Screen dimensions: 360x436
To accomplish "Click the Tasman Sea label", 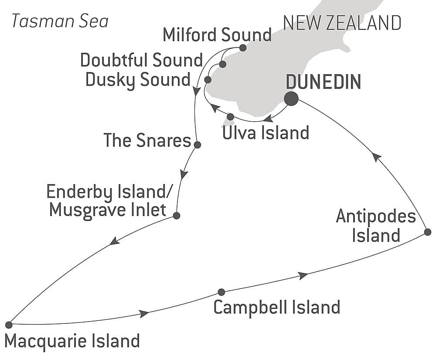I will point(60,21).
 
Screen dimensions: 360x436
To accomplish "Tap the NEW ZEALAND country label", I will point(342,23).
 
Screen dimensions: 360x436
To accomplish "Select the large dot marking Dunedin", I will point(291,99).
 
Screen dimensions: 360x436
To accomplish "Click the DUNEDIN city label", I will point(323,82).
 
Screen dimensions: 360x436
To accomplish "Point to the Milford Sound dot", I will point(243,48).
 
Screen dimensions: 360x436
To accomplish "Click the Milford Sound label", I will point(217,35).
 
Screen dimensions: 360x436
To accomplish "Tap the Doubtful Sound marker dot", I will point(222,65).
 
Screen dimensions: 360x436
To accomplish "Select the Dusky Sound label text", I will point(138,80).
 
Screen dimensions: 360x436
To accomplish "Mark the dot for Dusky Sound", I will point(208,80).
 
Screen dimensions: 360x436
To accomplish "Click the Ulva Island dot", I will point(231,117).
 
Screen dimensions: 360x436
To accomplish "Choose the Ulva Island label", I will point(266,133).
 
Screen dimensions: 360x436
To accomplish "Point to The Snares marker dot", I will point(197,145).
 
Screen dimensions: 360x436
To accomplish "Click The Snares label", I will point(147,141).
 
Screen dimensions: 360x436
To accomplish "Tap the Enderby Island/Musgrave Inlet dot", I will point(176,216).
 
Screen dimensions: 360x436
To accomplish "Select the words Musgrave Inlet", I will point(108,210).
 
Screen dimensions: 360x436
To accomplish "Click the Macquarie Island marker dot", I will point(9,325).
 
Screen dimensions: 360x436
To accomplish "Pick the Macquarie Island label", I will point(72,341).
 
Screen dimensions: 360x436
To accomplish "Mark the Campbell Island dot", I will point(221,292).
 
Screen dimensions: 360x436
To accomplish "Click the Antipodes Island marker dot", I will point(427,232).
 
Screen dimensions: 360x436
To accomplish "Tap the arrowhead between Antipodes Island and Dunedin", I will point(377,157).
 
